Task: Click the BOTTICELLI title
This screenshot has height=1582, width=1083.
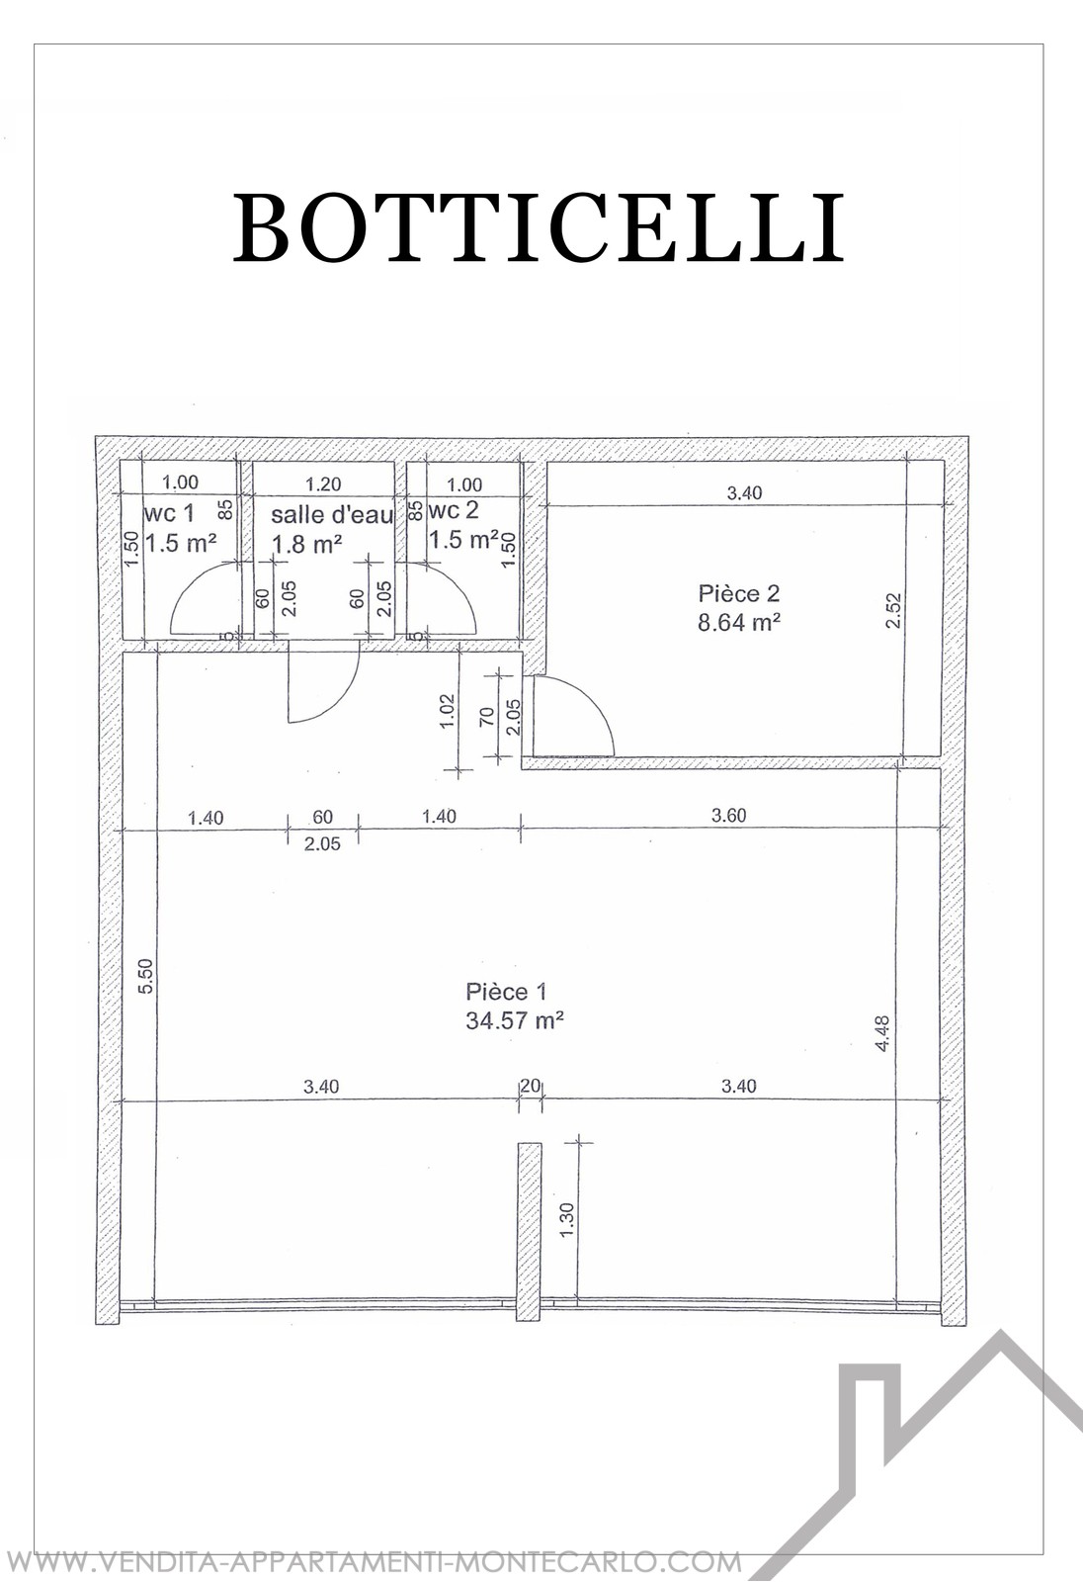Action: (539, 227)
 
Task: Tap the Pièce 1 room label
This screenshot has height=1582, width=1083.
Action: (506, 992)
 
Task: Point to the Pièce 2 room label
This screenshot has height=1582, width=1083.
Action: (738, 593)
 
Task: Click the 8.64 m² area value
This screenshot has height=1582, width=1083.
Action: (738, 622)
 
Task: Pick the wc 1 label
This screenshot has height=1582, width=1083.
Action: (168, 512)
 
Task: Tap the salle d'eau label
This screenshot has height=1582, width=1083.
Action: (332, 514)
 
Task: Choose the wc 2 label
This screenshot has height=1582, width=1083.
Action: (454, 510)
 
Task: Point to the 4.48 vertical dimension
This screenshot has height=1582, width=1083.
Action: (881, 1033)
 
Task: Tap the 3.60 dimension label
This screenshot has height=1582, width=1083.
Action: (728, 815)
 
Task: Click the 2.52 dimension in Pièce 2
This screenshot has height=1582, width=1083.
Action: (894, 611)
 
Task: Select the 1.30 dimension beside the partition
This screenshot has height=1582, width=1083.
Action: (567, 1220)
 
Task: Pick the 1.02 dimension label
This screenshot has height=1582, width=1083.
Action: (447, 712)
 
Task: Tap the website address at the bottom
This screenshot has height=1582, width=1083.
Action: (373, 1561)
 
